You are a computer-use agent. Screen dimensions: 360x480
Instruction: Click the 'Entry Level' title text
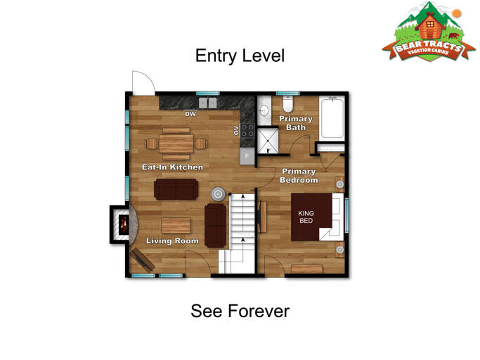[x=240, y=56]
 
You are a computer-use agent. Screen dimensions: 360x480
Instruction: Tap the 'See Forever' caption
[x=240, y=311]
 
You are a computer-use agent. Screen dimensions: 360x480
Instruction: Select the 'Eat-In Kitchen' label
[x=172, y=167]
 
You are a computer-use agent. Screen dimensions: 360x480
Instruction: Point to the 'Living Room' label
[x=172, y=241]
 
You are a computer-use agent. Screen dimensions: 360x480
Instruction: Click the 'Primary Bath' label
[x=296, y=123]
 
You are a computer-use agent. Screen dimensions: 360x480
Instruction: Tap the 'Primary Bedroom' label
[x=299, y=176]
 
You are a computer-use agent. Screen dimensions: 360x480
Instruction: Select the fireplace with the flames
[x=123, y=225]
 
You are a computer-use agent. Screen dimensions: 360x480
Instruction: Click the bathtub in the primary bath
[x=331, y=118]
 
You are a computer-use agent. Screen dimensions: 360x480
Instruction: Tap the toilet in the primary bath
[x=287, y=106]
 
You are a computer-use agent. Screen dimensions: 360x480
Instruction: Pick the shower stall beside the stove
[x=266, y=141]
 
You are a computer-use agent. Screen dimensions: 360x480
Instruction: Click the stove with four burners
[x=247, y=130]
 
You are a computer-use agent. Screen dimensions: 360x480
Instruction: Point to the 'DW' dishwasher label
[x=190, y=114]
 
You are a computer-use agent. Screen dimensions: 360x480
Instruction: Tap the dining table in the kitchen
[x=176, y=143]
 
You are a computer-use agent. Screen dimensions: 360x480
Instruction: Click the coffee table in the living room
[x=176, y=225]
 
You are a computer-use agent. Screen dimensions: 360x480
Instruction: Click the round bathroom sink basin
[x=264, y=111]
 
